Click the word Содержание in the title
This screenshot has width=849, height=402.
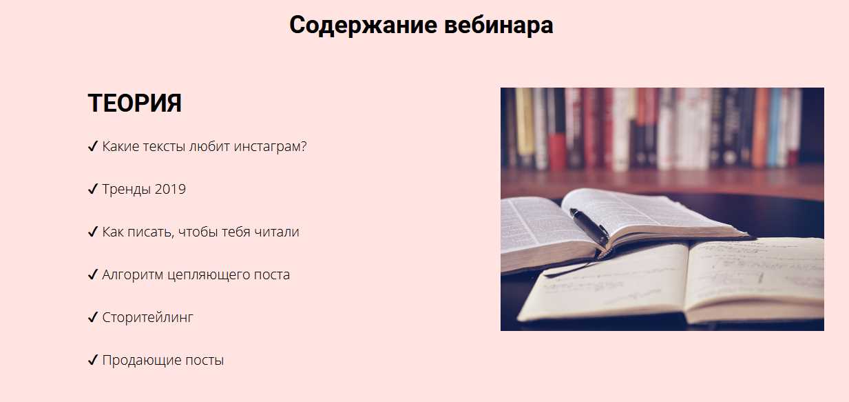tap(364, 26)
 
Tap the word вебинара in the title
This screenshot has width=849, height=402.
tap(499, 25)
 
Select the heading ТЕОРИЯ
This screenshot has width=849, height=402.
tap(134, 103)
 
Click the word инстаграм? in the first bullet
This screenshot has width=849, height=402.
tap(270, 147)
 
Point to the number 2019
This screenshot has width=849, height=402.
tap(170, 189)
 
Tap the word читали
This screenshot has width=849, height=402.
tap(276, 232)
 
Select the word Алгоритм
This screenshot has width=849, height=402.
tap(133, 275)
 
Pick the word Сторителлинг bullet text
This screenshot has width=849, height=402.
tap(147, 318)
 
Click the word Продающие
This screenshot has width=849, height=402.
tap(141, 361)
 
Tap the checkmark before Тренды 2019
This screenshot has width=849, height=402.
tap(93, 189)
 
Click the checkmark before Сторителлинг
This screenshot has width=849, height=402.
tap(93, 317)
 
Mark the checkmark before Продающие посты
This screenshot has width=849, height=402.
tap(93, 360)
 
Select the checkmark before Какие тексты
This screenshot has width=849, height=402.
tap(93, 146)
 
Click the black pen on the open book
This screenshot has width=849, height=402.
tap(589, 227)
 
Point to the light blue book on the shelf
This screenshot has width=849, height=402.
tap(774, 127)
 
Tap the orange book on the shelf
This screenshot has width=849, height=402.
tap(760, 127)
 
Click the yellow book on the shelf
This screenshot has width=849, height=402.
tap(525, 121)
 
